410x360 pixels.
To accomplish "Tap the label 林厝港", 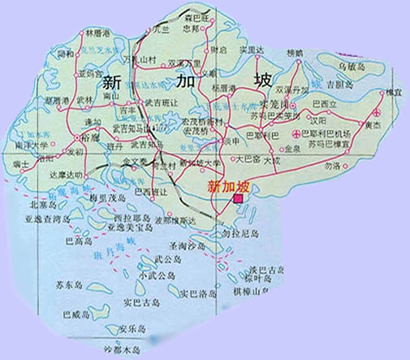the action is pyautogui.click(x=97, y=33).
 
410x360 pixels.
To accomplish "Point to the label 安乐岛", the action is pyautogui.click(x=132, y=328).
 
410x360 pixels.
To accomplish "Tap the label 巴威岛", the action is pyautogui.click(x=74, y=313).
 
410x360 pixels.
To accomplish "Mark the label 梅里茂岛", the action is pyautogui.click(x=111, y=197).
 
